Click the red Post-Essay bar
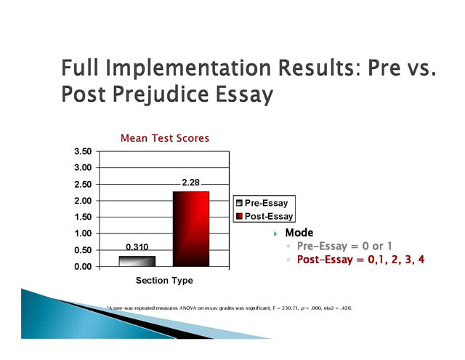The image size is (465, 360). click(x=191, y=229)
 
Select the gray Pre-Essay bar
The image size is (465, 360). click(x=137, y=261)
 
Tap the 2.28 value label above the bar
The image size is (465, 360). click(x=190, y=183)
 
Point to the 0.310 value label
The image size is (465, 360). click(x=137, y=247)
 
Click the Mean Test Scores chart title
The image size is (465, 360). click(x=165, y=138)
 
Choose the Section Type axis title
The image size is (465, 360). click(x=164, y=281)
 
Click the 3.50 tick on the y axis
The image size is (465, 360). click(x=83, y=151)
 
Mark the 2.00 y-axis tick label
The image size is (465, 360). click(x=83, y=201)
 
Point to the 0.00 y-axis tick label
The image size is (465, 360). click(x=83, y=266)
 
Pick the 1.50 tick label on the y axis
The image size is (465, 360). click(x=83, y=217)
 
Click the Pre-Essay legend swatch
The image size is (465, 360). click(x=239, y=203)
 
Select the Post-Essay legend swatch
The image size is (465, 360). click(x=239, y=216)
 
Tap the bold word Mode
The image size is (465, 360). click(x=299, y=233)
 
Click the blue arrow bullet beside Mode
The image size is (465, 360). click(x=275, y=233)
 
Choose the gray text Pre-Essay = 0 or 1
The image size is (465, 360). click(x=344, y=246)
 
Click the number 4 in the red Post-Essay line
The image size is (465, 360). click(x=421, y=260)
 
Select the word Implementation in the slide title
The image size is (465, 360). click(x=188, y=69)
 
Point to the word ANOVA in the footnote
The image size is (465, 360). click(x=187, y=308)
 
